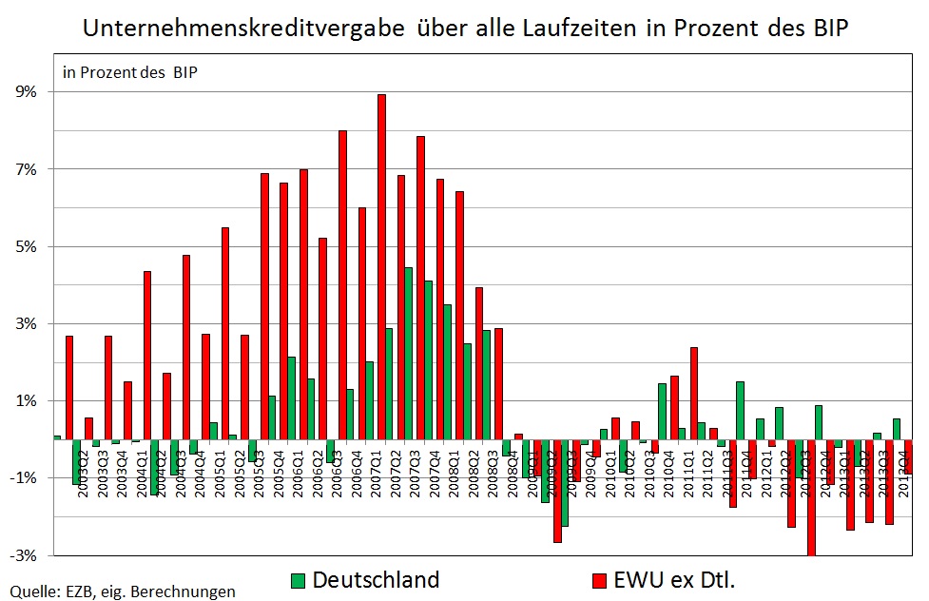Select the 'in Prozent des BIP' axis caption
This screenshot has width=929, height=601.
pyautogui.click(x=129, y=72)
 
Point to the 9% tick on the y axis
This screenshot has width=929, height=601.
pyautogui.click(x=25, y=92)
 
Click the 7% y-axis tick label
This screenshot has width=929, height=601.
pyautogui.click(x=25, y=169)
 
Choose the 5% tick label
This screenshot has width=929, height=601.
pyautogui.click(x=25, y=246)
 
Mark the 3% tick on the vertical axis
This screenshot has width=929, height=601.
pyautogui.click(x=25, y=323)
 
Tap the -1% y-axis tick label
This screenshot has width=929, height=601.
pyautogui.click(x=23, y=477)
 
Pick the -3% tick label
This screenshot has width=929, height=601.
pyautogui.click(x=23, y=554)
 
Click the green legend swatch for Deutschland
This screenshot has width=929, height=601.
pyautogui.click(x=298, y=580)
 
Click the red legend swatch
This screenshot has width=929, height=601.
pyautogui.click(x=599, y=580)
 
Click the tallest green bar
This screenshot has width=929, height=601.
pyautogui.click(x=408, y=353)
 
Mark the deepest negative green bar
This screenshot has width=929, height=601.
pyautogui.click(x=564, y=482)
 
